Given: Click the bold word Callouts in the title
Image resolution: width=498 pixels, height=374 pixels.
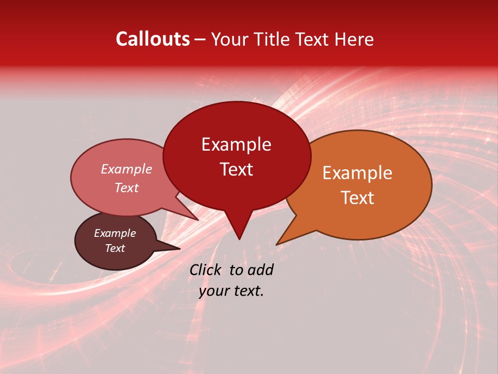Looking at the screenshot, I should (153, 39).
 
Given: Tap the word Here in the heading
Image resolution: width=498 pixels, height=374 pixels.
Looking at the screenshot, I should (355, 39).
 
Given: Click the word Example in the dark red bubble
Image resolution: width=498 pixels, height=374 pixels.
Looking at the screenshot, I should (236, 144).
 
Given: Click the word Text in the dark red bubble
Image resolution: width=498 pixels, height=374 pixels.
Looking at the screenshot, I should (236, 169).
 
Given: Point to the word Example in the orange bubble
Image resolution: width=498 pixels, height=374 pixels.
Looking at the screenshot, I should (357, 173).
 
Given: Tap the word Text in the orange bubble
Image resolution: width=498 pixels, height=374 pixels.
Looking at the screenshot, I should (357, 198).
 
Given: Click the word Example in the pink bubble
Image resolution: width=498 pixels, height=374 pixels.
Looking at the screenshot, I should (126, 169).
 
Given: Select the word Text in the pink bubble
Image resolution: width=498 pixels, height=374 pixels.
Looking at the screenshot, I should (126, 188).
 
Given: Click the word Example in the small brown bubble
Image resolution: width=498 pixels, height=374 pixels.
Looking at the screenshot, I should (115, 233).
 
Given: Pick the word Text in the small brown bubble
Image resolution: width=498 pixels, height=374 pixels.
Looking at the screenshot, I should (115, 248).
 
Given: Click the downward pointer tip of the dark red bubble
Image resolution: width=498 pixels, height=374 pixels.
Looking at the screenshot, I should (239, 238).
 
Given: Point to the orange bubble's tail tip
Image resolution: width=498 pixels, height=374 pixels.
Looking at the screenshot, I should (278, 244).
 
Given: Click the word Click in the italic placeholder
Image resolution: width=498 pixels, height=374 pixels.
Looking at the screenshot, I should (206, 270).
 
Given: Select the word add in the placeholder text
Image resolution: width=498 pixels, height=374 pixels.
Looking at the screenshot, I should (260, 270).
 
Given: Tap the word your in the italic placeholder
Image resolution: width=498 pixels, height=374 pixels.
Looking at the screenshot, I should (213, 291).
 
